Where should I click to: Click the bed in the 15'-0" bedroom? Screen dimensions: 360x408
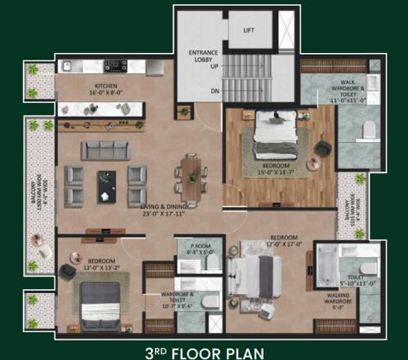[x=268, y=135]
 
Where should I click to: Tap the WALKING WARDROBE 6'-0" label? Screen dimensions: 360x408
[x=334, y=302]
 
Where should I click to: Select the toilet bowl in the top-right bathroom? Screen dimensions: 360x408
[x=366, y=127]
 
